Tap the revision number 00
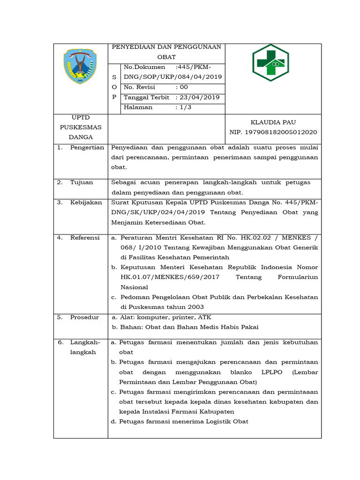(x=183, y=87)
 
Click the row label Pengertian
(x=87, y=147)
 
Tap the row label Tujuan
(x=82, y=182)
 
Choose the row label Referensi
(x=85, y=238)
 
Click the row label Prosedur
(x=84, y=317)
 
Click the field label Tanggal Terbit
(x=146, y=97)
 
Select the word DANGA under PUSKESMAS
(x=81, y=137)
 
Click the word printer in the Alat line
(x=174, y=317)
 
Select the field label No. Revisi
(x=140, y=87)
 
